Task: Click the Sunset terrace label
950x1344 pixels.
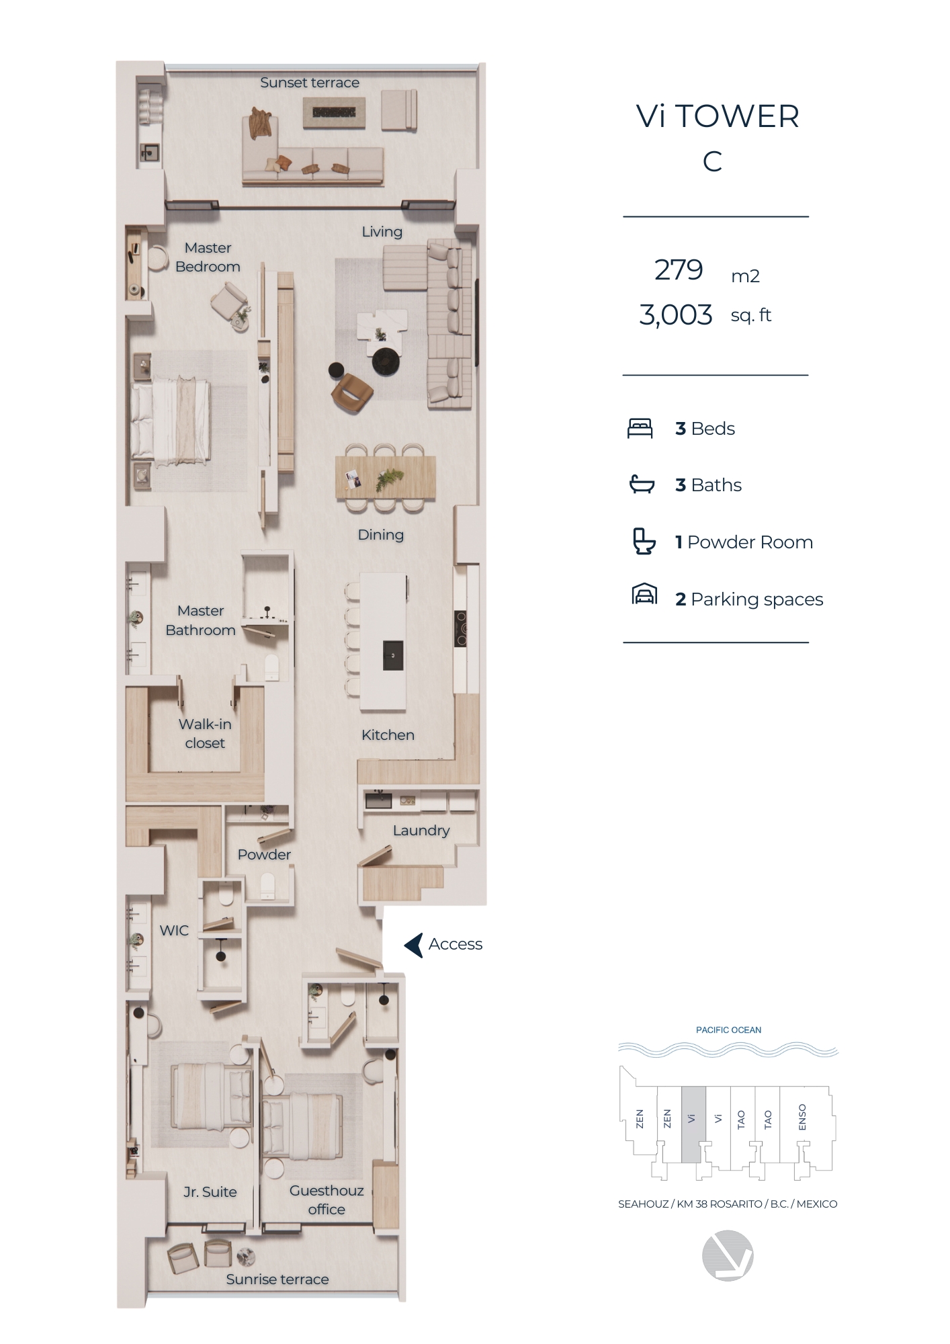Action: [310, 83]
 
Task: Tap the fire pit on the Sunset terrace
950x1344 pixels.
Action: [334, 112]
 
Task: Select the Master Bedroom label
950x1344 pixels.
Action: [208, 257]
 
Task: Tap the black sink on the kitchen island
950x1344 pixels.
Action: [393, 655]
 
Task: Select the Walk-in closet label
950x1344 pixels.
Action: [205, 734]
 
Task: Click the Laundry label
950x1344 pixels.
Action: [421, 831]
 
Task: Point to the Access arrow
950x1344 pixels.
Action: [414, 945]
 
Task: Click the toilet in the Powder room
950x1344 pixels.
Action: [267, 885]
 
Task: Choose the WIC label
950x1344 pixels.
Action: [174, 931]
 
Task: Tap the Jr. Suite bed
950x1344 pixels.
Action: [212, 1096]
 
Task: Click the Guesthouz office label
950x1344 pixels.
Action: [327, 1200]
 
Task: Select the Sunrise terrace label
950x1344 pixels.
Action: [277, 1279]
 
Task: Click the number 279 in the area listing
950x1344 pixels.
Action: [679, 270]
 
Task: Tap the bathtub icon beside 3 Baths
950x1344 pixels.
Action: [642, 484]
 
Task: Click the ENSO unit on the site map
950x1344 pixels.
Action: [802, 1118]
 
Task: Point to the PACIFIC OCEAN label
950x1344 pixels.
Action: [728, 1030]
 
